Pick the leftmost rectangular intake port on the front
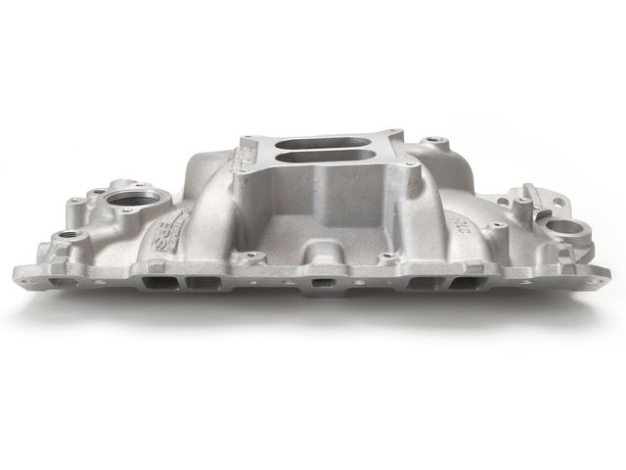click(x=157, y=282)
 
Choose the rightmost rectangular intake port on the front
click(x=466, y=282)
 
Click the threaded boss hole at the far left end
click(x=68, y=236)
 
